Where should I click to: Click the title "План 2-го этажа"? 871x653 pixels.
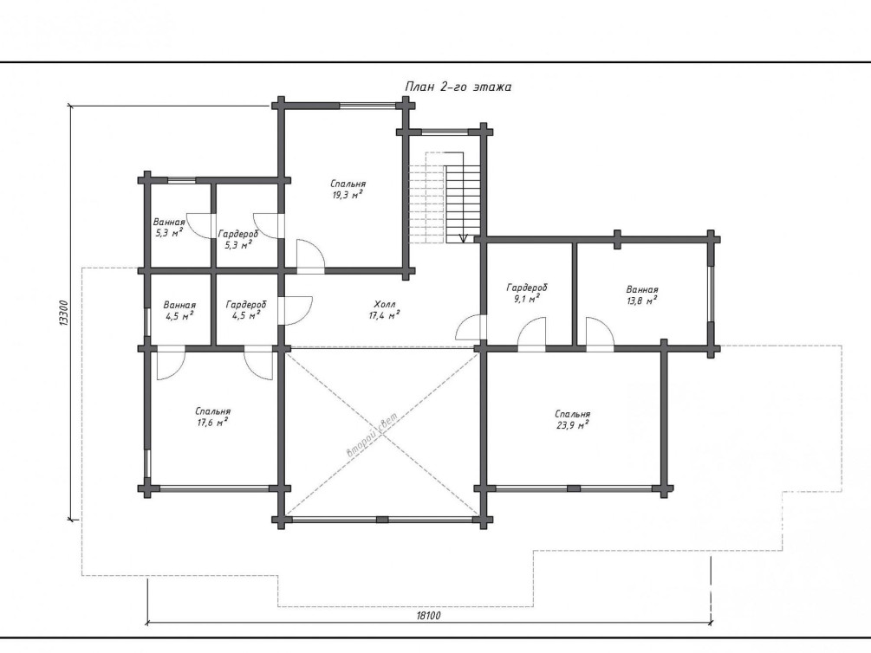[x=458, y=87]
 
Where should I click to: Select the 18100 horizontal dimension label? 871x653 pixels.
[x=428, y=615]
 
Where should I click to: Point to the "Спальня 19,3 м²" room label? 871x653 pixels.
[x=348, y=189]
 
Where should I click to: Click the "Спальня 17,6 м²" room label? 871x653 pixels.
[x=212, y=417]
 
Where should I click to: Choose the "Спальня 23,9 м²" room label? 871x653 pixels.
[x=572, y=419]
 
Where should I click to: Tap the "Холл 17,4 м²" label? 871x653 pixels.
[x=385, y=310]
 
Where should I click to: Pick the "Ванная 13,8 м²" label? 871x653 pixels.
[x=642, y=294]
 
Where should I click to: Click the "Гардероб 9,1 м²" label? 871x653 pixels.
[x=527, y=293]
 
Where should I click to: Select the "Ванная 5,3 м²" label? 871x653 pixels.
[x=169, y=228]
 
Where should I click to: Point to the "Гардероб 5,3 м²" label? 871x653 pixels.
[x=237, y=239]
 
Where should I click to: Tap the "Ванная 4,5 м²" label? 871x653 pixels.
[x=179, y=310]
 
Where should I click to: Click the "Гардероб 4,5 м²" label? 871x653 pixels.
[x=246, y=310]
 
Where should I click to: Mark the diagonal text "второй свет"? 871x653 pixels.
[x=372, y=436]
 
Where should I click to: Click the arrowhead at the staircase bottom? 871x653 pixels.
[x=464, y=239]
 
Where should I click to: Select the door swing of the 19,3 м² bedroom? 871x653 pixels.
[x=310, y=256]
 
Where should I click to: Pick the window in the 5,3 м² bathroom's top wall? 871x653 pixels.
[x=181, y=179]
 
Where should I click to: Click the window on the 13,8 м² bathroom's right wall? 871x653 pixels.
[x=711, y=294]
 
